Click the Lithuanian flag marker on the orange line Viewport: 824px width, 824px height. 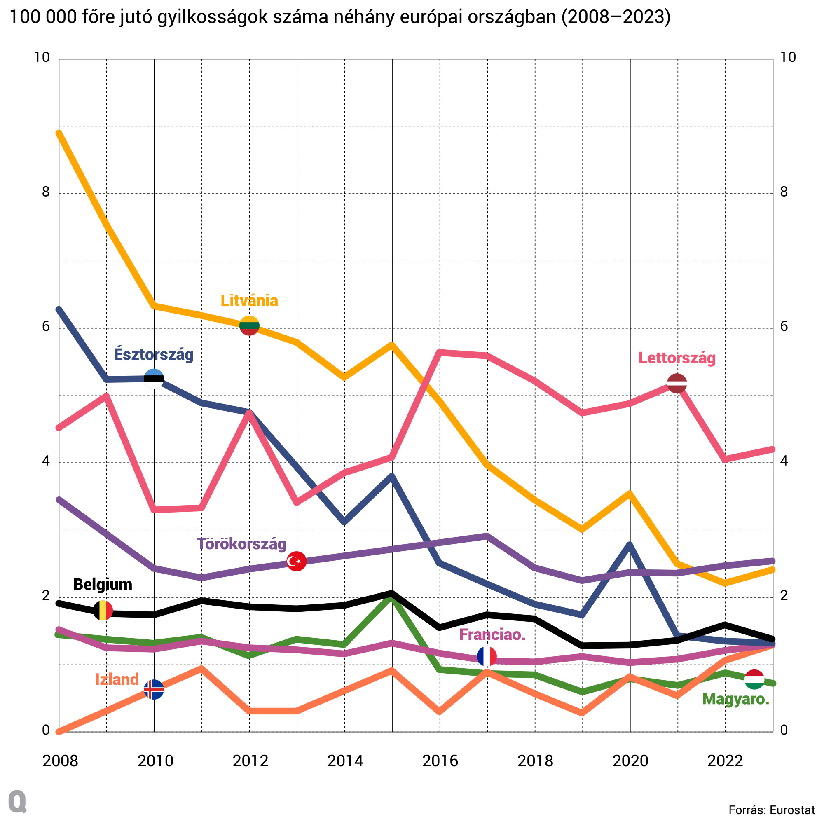tap(250, 325)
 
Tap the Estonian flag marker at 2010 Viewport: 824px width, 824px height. tap(154, 379)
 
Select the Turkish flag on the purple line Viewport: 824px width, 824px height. tap(296, 561)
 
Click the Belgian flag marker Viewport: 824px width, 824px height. tap(103, 610)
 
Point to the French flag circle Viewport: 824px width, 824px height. tap(487, 657)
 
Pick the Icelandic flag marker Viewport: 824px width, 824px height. tap(154, 690)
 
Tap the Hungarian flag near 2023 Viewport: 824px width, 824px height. tap(754, 679)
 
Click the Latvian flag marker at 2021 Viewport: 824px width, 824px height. tap(677, 383)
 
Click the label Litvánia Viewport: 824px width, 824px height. tap(249, 301)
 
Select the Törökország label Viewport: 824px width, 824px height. tap(241, 544)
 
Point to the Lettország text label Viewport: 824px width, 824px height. tap(677, 358)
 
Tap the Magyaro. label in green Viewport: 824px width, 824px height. tap(735, 699)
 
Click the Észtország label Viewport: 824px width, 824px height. tap(154, 354)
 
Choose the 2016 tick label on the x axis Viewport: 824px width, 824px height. tap(440, 761)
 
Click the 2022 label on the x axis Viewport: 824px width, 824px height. tap(725, 761)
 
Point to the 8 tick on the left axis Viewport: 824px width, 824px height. tap(46, 192)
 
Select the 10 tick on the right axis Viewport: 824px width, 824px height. tap(787, 57)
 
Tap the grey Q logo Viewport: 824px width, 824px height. tap(17, 801)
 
